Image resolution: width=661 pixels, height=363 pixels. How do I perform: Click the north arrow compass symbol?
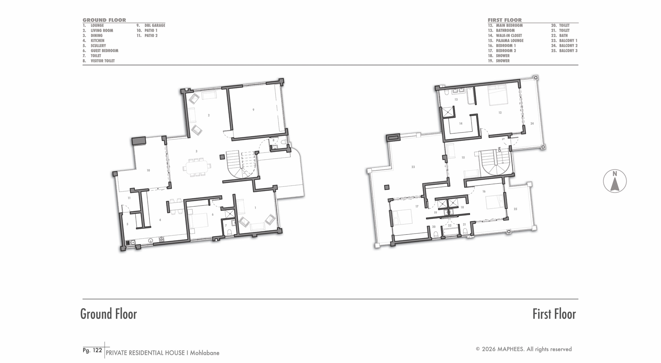[615, 181]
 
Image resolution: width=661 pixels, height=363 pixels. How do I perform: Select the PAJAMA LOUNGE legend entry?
[506, 41]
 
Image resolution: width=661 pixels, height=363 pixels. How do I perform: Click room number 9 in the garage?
[253, 110]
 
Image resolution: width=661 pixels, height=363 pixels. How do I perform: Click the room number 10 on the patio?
[148, 170]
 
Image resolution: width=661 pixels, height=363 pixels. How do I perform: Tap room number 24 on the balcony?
[532, 124]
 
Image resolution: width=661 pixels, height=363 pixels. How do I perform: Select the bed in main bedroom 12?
[498, 95]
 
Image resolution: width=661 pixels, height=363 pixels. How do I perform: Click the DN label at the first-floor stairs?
[499, 149]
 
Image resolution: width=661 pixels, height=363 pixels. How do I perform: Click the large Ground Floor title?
[109, 314]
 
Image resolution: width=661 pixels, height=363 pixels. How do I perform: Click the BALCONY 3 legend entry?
[564, 51]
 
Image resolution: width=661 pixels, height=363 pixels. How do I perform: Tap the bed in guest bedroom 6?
[198, 220]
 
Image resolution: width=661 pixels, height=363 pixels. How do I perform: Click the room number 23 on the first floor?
[413, 167]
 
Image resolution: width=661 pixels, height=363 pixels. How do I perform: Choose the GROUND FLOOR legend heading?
[104, 20]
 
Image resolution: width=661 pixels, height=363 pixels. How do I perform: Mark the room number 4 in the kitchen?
[160, 220]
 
